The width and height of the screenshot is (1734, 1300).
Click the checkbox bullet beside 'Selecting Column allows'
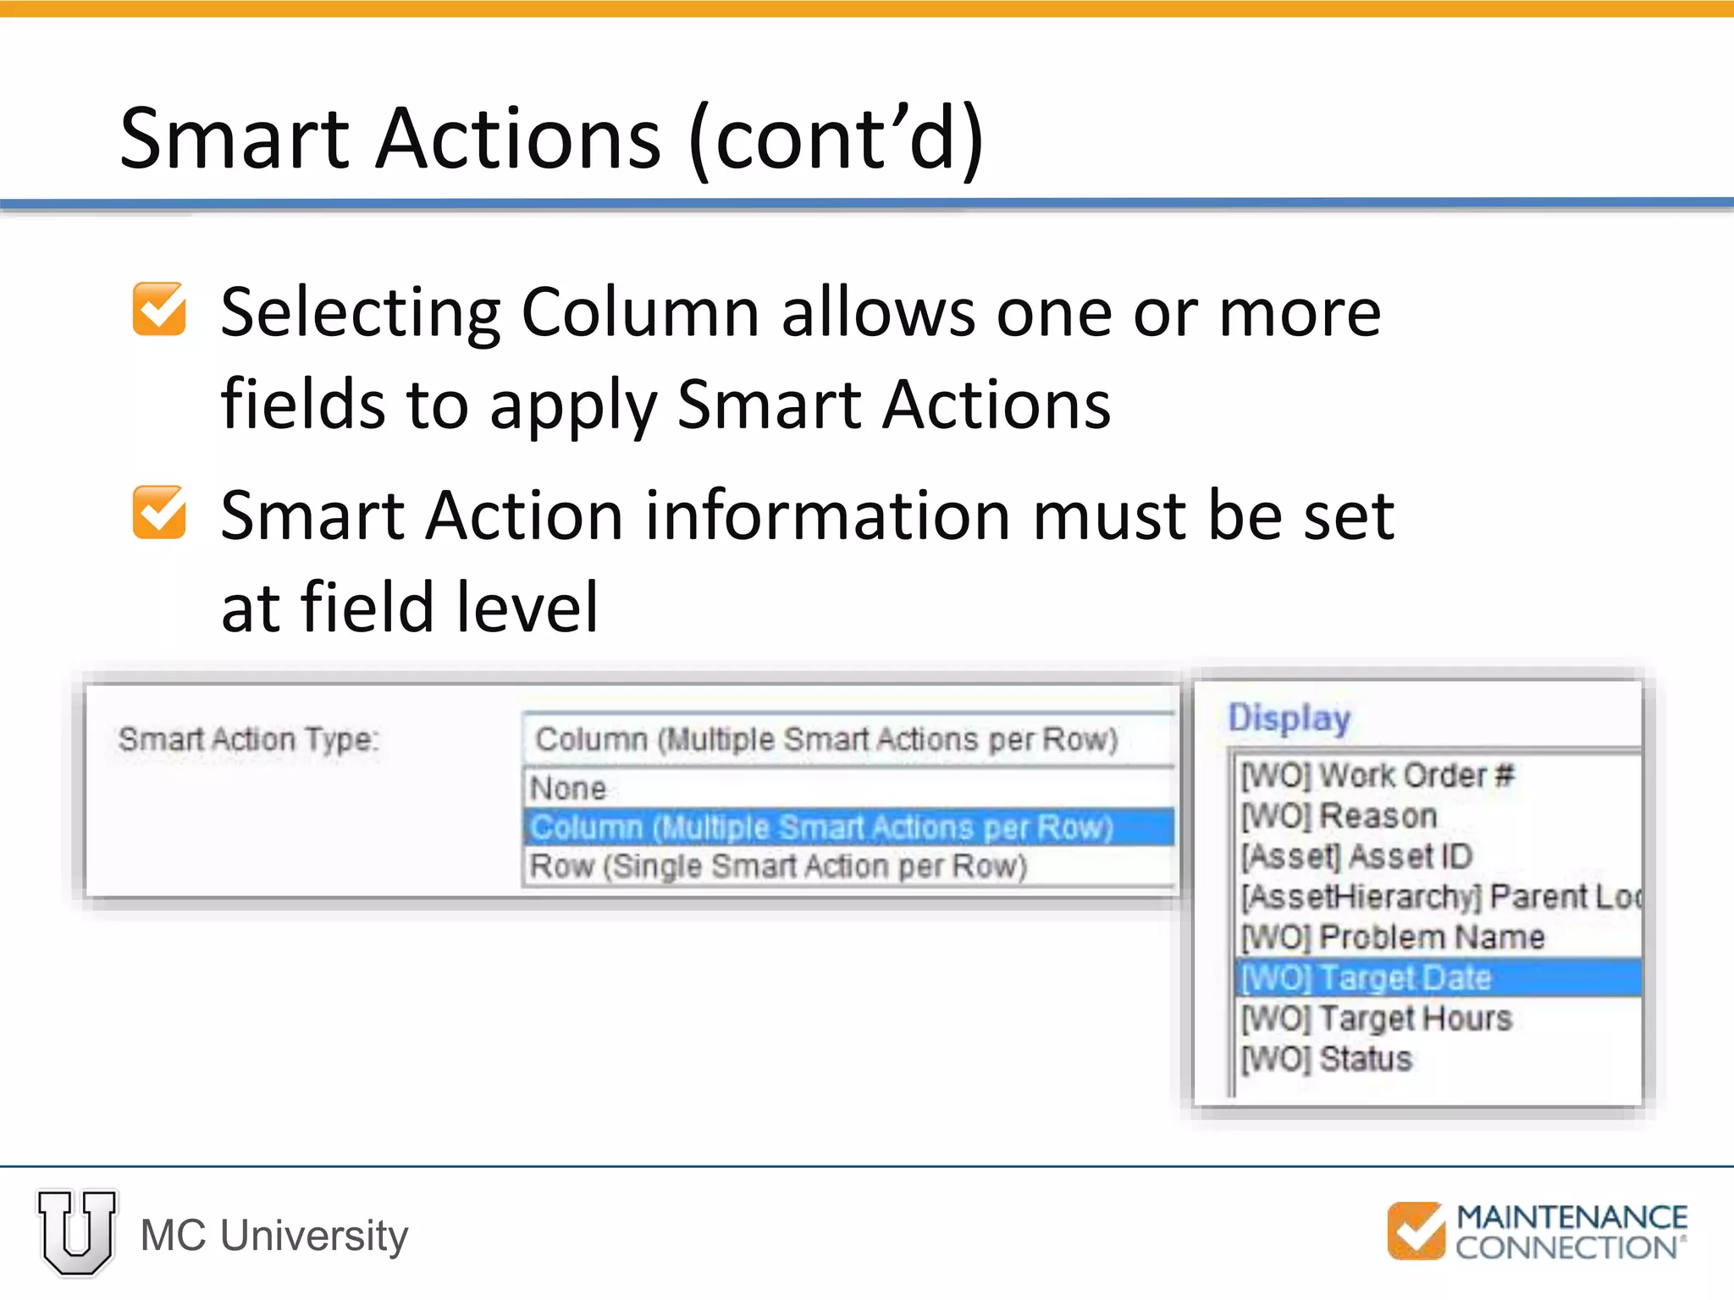(x=159, y=310)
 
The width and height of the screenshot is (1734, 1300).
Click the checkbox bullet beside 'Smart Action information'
(x=159, y=513)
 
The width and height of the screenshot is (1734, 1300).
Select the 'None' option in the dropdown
(x=569, y=789)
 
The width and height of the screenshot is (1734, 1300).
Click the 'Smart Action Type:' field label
(x=248, y=740)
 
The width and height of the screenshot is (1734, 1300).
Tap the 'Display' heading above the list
(x=1289, y=718)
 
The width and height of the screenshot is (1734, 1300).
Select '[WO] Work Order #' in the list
(x=1377, y=775)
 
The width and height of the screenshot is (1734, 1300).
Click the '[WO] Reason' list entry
(x=1339, y=816)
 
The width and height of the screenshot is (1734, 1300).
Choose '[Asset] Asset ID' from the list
(x=1356, y=857)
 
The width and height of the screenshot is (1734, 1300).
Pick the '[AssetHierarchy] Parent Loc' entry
(x=1439, y=896)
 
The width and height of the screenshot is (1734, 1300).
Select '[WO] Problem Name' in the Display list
(x=1393, y=937)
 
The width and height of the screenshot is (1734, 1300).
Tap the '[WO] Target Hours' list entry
(x=1376, y=1018)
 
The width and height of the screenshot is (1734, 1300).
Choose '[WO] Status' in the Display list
(x=1327, y=1059)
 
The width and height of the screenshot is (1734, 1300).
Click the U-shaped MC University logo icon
(x=77, y=1232)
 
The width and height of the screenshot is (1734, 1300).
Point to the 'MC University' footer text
(x=274, y=1236)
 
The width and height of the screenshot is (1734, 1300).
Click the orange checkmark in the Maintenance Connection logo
(x=1416, y=1231)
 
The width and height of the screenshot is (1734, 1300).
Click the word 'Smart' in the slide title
(x=235, y=138)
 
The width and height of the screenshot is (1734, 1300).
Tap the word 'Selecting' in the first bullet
(x=361, y=313)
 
